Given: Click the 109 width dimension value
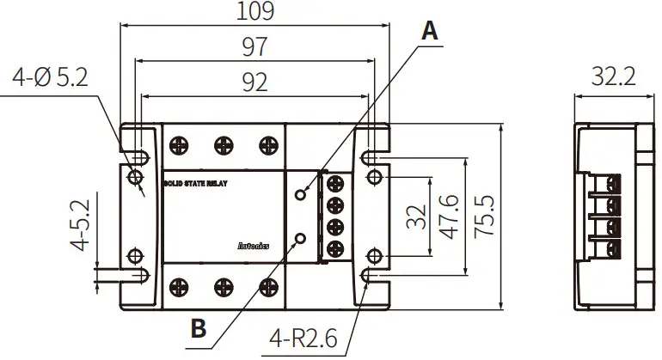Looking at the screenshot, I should pyautogui.click(x=254, y=11).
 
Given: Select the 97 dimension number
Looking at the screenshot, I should pyautogui.click(x=254, y=46).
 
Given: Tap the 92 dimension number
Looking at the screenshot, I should pyautogui.click(x=254, y=82).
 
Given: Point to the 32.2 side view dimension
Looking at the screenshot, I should pyautogui.click(x=613, y=78).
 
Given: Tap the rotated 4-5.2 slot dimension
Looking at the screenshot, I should pyautogui.click(x=80, y=226).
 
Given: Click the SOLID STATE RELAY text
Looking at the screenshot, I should pyautogui.click(x=195, y=183).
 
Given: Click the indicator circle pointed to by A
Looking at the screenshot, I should pyautogui.click(x=299, y=193).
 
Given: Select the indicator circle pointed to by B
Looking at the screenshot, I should pyautogui.click(x=299, y=238).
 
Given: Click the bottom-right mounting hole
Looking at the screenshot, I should pyautogui.click(x=374, y=256).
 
